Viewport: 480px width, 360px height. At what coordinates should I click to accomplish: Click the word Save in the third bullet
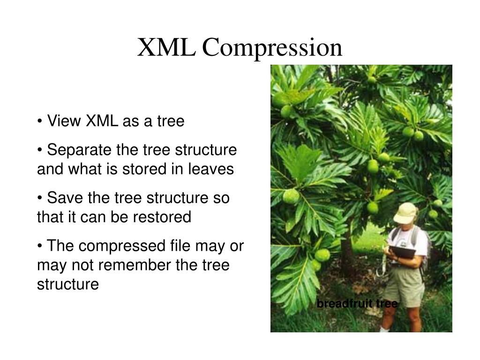[x=62, y=198]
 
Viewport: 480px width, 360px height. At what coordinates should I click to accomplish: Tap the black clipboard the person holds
[x=403, y=252]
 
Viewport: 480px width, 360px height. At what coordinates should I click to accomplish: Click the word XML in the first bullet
[x=102, y=121]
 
